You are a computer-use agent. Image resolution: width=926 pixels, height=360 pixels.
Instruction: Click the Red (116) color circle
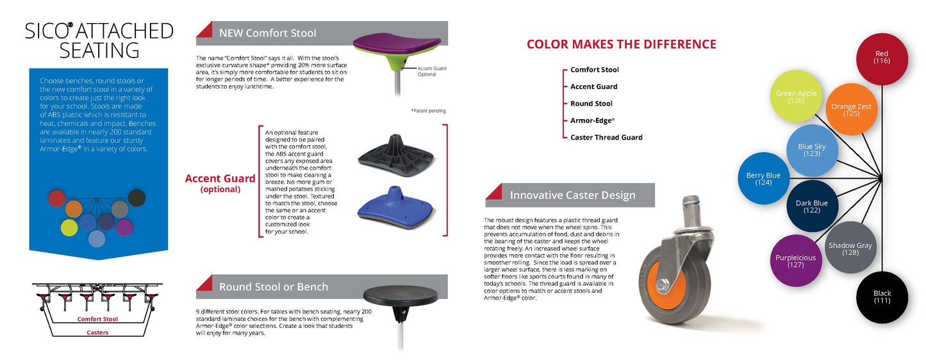882,59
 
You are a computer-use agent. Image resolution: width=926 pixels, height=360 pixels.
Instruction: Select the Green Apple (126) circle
796,96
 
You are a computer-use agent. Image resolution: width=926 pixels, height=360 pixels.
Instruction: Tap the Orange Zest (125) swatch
852,109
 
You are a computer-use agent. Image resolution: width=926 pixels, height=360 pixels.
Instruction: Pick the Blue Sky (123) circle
812,151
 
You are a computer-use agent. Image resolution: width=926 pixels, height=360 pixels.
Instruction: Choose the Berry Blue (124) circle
763,178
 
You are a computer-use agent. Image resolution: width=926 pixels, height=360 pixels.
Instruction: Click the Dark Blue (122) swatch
812,206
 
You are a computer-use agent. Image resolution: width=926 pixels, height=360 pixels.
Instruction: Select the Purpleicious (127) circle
796,260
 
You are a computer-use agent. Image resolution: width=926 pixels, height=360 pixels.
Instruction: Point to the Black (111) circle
882,297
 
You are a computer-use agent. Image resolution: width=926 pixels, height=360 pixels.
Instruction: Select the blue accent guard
395,208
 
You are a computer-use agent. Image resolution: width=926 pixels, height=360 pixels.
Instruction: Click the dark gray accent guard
395,156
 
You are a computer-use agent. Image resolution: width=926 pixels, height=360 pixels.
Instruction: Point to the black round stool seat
400,295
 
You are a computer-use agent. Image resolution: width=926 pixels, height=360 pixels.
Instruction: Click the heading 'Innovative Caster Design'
572,195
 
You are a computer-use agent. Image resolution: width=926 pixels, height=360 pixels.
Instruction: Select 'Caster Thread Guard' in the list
606,137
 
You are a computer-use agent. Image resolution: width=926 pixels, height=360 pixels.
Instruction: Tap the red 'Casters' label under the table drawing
97,332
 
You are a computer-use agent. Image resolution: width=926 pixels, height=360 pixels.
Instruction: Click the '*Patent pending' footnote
428,111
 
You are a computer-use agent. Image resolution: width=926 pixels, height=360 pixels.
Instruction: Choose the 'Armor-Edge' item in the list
592,120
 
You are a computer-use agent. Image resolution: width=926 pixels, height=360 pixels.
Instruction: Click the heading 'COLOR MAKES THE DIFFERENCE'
622,44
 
